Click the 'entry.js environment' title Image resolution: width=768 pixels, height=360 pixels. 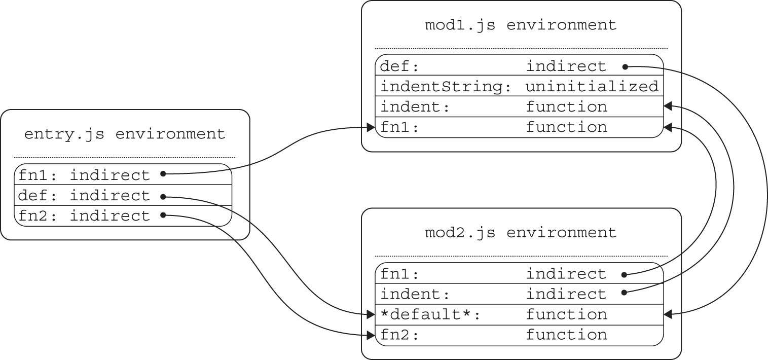(125, 134)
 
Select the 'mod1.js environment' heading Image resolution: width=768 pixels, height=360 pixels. (521, 25)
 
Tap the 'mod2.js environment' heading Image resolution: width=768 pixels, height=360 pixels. (521, 233)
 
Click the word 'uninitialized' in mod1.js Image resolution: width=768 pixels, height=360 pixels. (592, 87)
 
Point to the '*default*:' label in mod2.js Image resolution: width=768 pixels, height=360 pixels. (430, 315)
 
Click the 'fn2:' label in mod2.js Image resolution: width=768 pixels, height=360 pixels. (399, 335)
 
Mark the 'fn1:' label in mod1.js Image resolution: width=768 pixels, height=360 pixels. (399, 127)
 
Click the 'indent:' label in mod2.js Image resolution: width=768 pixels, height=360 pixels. (415, 295)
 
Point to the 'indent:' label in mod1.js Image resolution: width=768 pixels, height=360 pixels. (415, 107)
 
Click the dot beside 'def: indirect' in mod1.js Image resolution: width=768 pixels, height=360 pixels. (625, 66)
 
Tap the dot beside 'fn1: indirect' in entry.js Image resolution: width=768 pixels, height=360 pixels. (163, 174)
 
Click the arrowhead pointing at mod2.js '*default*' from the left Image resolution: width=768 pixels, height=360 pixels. (371, 315)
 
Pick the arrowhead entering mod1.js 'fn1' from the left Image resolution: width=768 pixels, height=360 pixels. (371, 127)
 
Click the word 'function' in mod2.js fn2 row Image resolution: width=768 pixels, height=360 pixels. (566, 335)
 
